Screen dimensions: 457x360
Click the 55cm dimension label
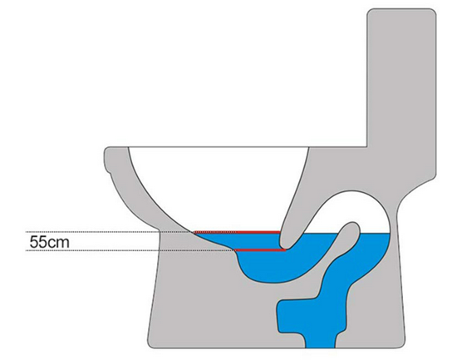[x=50, y=242]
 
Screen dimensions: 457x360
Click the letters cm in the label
[x=59, y=243]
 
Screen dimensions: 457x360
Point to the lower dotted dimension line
[x=130, y=250]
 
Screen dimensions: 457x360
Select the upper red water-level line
[x=237, y=232]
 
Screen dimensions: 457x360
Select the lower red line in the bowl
[x=260, y=250]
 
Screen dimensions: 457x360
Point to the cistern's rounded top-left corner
[x=370, y=12]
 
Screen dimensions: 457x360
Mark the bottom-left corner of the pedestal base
[x=150, y=346]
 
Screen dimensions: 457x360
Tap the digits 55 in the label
[x=39, y=242]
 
